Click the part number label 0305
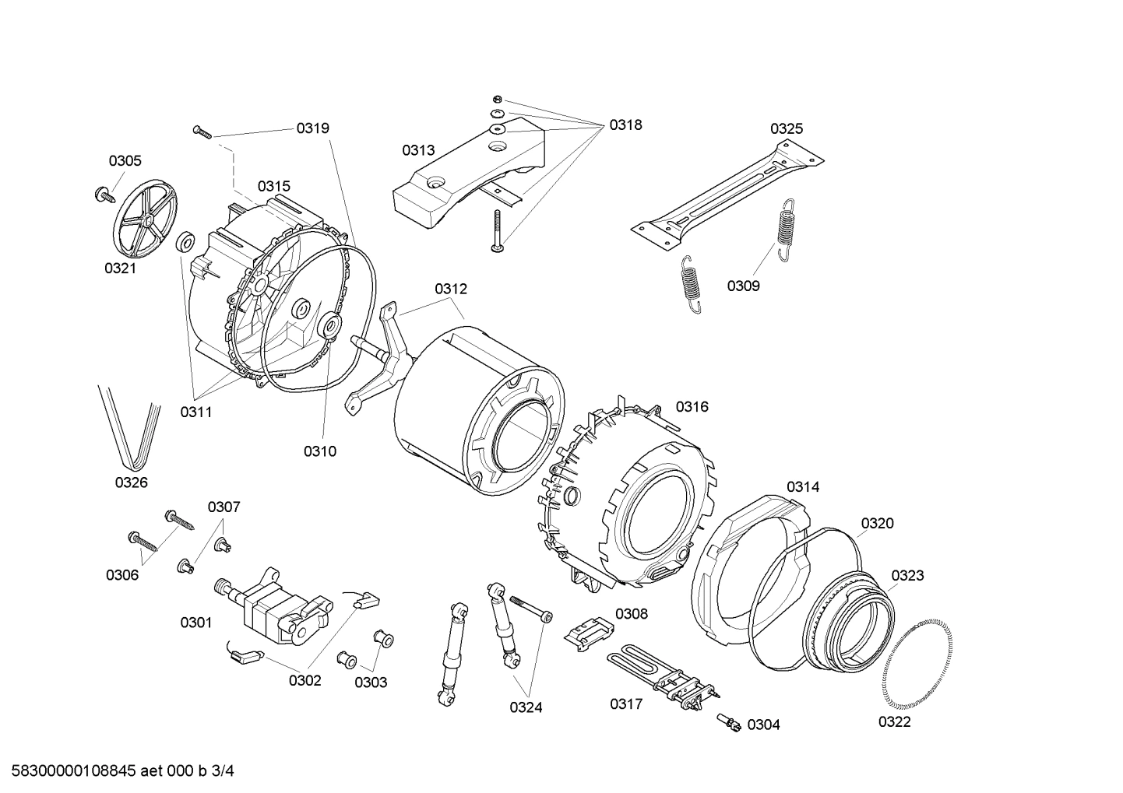[x=125, y=161]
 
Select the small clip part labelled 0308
[x=589, y=629]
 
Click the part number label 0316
[x=692, y=407]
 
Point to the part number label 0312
[x=451, y=289]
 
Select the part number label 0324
[x=526, y=707]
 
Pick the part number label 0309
[x=743, y=286]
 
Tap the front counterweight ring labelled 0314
[x=748, y=568]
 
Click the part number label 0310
[x=319, y=451]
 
